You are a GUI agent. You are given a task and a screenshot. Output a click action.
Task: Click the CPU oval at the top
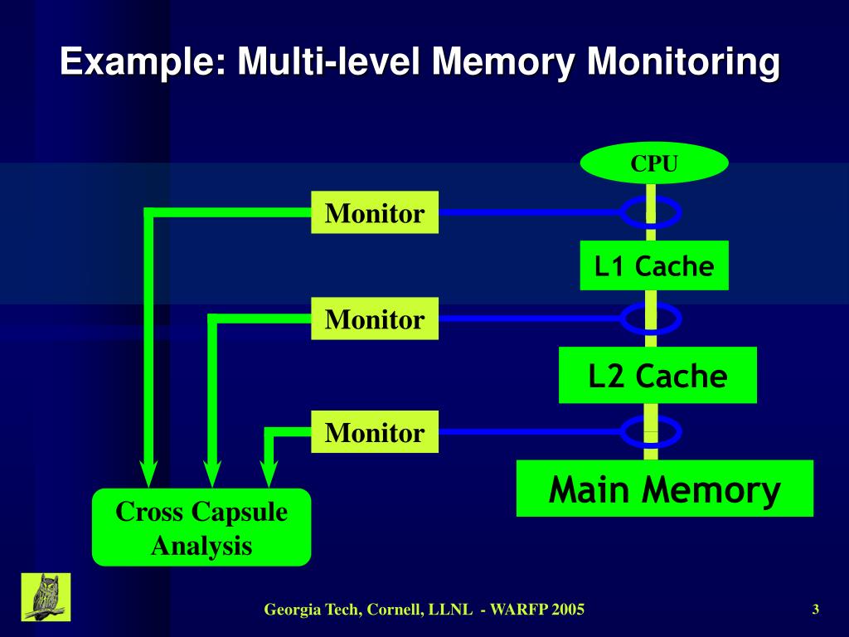653,163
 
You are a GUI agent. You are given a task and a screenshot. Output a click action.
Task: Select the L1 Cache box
653,265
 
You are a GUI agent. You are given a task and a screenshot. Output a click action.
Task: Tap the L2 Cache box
657,376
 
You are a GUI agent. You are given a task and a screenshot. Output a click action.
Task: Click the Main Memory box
664,489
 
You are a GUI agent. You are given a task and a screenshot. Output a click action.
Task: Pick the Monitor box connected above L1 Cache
375,213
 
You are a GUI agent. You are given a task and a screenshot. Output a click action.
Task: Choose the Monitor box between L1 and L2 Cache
375,318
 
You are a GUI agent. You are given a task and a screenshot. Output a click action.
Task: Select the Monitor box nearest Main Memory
375,432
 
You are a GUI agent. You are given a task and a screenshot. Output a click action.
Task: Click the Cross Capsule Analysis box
201,528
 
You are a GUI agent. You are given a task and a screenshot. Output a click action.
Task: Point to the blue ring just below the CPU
651,212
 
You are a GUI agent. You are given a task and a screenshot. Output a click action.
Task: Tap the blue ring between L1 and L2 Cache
651,318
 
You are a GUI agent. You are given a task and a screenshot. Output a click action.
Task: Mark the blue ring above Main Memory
651,431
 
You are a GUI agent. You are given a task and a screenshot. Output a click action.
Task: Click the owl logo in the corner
46,596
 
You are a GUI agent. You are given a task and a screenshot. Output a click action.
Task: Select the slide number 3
816,610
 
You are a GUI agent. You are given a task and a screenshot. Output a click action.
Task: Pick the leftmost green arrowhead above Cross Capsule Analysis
149,475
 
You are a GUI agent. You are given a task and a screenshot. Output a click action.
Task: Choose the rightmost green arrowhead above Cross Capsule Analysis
269,475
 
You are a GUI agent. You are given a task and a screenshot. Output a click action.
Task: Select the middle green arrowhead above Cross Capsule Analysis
212,475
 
